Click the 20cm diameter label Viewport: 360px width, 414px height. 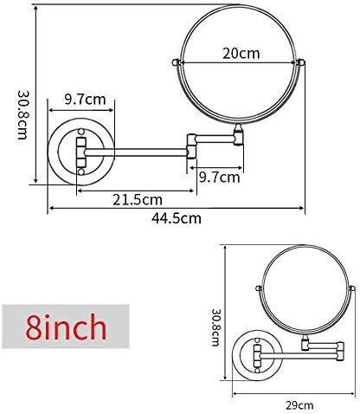tap(241, 54)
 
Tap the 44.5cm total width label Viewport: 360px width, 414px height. tap(177, 218)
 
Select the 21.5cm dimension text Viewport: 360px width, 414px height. tap(138, 200)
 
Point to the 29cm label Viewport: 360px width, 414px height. tap(299, 405)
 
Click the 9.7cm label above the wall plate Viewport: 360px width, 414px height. tap(85, 100)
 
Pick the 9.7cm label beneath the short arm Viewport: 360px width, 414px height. tap(220, 178)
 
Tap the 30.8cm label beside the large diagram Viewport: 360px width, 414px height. tap(22, 115)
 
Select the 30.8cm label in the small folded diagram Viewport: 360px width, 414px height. tap(216, 327)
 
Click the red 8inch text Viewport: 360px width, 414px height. tap(66, 327)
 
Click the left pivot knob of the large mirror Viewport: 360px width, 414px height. tap(176, 62)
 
